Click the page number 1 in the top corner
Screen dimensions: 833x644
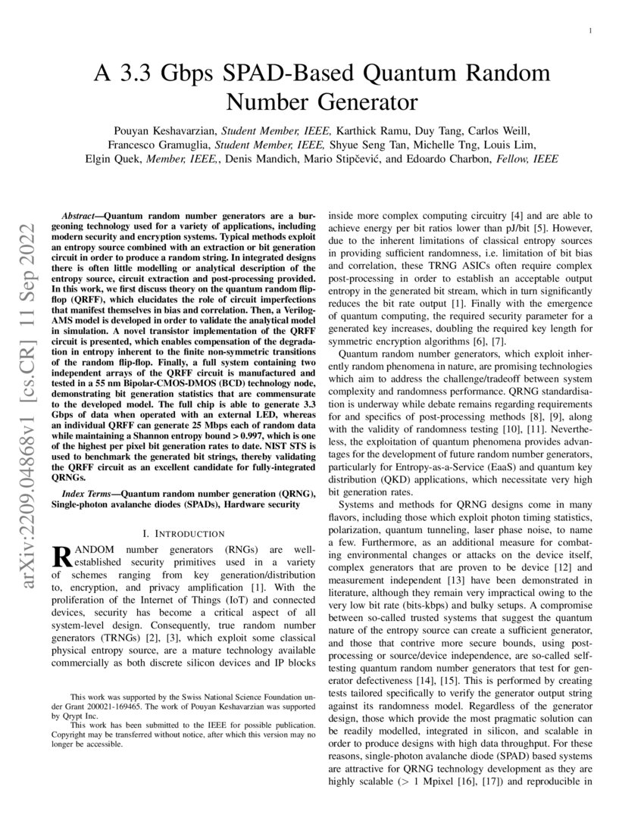(x=589, y=30)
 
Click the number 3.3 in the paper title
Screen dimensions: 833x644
(x=123, y=73)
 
